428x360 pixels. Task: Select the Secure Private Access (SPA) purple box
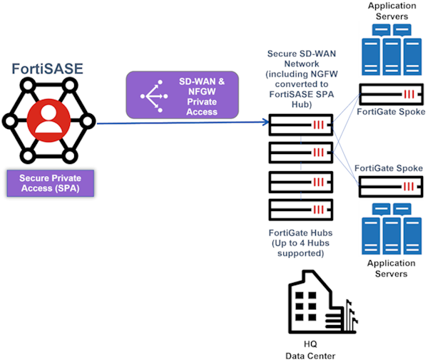coord(49,183)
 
